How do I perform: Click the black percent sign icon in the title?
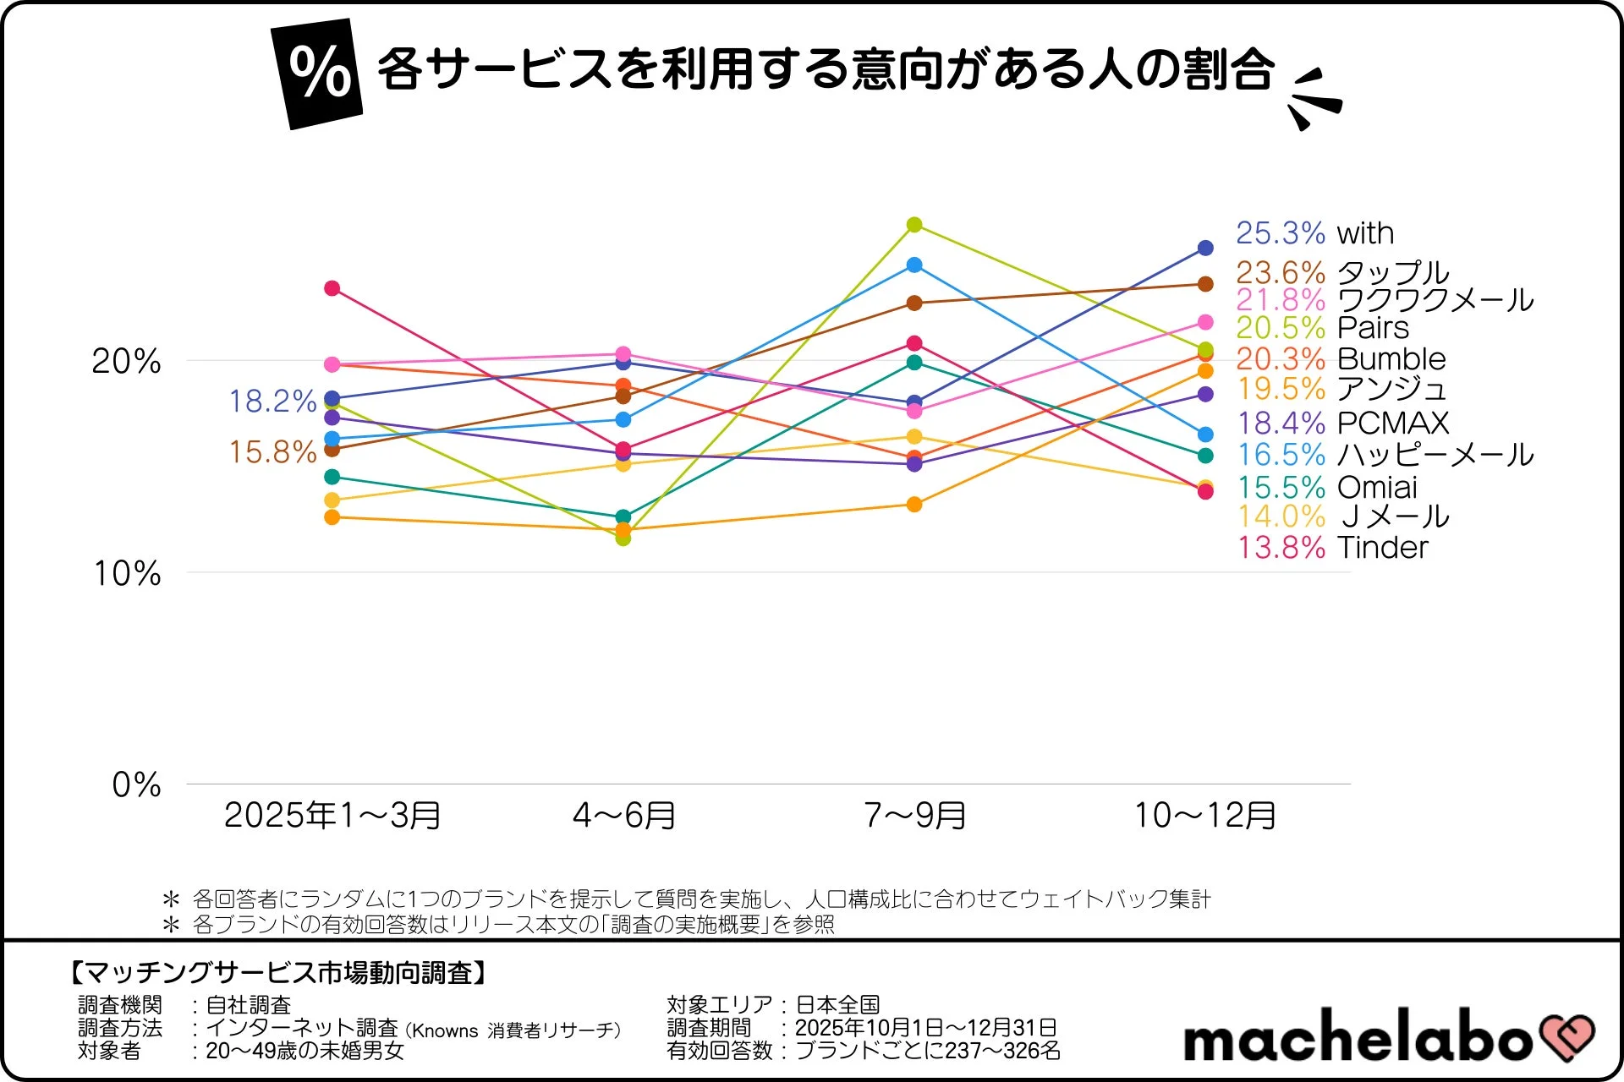click(317, 74)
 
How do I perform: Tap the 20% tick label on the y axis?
click(126, 362)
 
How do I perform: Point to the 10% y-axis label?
click(127, 574)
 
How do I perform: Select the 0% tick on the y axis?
click(136, 785)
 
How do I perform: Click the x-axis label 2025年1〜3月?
click(332, 816)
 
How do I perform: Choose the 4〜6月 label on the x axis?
click(624, 816)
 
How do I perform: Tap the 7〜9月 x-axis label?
click(915, 816)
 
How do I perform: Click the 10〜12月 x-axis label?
click(1205, 816)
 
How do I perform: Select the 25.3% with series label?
click(1314, 232)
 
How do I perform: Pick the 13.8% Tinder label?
click(1332, 548)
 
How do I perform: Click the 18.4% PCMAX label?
click(1343, 423)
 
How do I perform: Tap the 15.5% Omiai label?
click(1327, 488)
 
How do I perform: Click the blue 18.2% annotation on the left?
click(272, 402)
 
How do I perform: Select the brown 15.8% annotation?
click(272, 452)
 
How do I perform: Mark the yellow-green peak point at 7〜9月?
click(914, 225)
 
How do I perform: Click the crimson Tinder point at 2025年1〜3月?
click(332, 289)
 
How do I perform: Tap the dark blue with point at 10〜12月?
click(1205, 249)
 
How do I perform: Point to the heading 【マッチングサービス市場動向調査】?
click(278, 973)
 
